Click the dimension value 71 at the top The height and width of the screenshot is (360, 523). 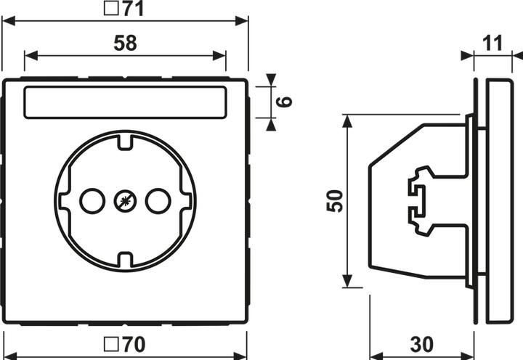pos(133,9)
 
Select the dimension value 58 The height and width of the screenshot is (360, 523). pos(125,44)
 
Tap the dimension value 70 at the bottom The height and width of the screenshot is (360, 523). pos(133,344)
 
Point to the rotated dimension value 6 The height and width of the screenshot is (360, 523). pos(286,102)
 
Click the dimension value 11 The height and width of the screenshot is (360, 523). pos(492,43)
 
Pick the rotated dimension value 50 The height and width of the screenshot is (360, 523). pos(334,200)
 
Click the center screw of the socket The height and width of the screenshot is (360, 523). pos(125,200)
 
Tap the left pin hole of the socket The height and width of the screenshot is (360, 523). pos(92,200)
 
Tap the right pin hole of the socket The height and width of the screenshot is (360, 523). pos(158,200)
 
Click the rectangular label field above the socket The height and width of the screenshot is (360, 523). pos(125,103)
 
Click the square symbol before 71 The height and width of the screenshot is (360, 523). pos(113,9)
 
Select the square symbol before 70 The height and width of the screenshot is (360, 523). pos(113,344)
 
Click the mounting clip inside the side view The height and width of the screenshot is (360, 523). pos(420,201)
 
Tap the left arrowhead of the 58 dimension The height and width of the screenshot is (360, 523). pos(29,55)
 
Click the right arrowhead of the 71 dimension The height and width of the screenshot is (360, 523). pos(244,21)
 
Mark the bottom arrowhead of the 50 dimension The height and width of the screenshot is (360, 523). pos(348,282)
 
